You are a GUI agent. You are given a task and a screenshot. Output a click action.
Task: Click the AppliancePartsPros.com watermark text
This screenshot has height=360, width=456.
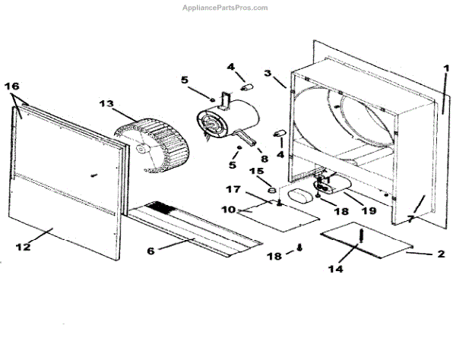tap(226, 8)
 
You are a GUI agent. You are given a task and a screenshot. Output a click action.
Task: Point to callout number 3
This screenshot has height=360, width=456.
tap(268, 74)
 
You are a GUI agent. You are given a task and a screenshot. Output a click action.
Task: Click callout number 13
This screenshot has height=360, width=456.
tap(106, 104)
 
